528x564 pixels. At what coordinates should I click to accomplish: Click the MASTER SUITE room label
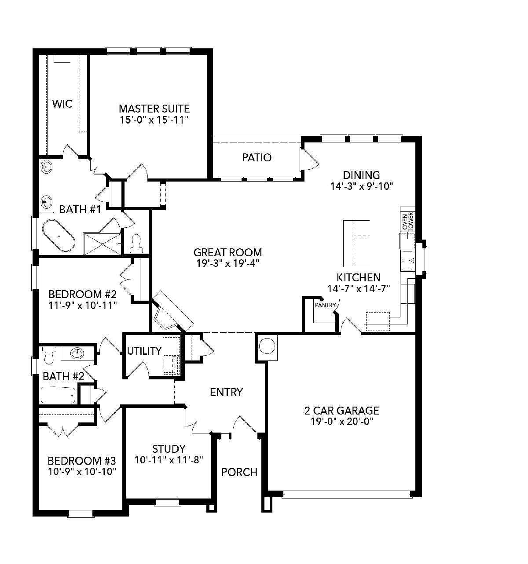point(154,109)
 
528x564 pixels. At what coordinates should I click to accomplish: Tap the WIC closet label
point(62,104)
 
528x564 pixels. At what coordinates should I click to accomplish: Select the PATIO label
point(257,157)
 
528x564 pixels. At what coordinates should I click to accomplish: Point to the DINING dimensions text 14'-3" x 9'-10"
point(361,186)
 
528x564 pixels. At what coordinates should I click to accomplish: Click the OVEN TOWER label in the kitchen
point(407,222)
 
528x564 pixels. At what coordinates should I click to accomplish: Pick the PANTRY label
point(325,306)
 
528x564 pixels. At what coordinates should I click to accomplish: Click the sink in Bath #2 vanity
point(77,353)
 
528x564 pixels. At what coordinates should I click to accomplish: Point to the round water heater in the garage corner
point(267,346)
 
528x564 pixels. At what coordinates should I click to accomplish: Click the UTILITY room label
point(144,351)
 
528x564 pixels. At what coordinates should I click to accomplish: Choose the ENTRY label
point(226,392)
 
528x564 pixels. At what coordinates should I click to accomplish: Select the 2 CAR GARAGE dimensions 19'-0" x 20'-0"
point(341,422)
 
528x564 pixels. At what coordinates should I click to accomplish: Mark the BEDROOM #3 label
point(81,460)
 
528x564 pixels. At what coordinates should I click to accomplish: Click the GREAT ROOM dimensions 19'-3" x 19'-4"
point(227,264)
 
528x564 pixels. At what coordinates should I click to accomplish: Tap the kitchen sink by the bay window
point(407,260)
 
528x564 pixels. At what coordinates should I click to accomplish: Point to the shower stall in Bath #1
point(102,244)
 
